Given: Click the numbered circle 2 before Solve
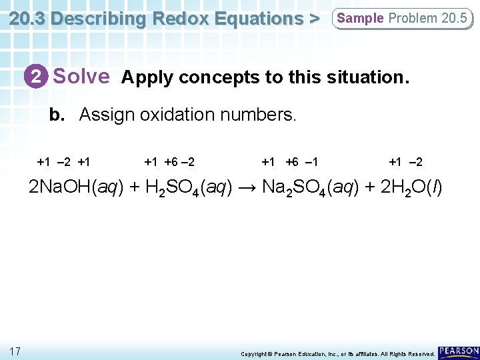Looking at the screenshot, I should click(x=38, y=77).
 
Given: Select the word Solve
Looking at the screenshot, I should click(x=81, y=77).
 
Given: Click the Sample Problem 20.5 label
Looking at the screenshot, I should click(x=401, y=19).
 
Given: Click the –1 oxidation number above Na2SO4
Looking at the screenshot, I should click(x=311, y=162).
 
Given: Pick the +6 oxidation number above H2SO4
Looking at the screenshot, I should click(x=172, y=162).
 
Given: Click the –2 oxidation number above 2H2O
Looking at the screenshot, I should click(x=415, y=162).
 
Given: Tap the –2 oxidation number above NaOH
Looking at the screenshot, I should click(x=65, y=162).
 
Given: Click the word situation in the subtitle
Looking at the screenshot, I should click(x=365, y=77).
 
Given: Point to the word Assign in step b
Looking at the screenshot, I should click(x=107, y=115).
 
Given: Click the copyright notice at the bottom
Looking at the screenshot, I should click(x=337, y=353).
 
